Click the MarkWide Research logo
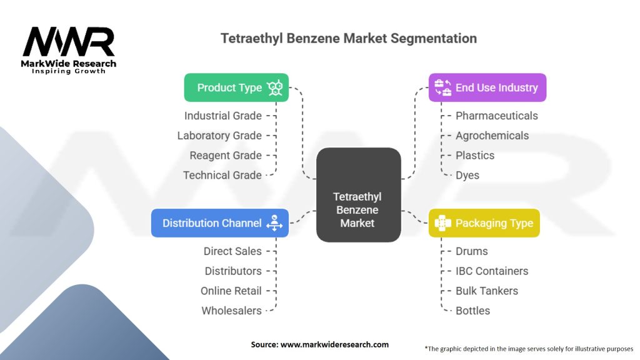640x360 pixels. (69, 49)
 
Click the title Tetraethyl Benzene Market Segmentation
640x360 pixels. (349, 38)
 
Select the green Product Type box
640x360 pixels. (236, 87)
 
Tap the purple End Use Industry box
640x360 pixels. (487, 87)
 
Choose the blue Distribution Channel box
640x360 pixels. (219, 223)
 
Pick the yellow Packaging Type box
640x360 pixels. (484, 223)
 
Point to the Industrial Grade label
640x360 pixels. (222, 116)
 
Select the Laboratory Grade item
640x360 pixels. (219, 136)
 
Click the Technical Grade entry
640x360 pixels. (222, 175)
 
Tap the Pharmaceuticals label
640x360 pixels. (496, 116)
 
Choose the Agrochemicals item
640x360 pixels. (492, 136)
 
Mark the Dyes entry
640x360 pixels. (467, 175)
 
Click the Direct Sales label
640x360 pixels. (232, 251)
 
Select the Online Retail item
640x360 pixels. (231, 291)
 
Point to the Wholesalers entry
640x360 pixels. (231, 311)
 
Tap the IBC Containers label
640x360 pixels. (491, 271)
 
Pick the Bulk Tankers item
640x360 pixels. (486, 291)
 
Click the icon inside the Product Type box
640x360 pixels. (274, 87)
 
